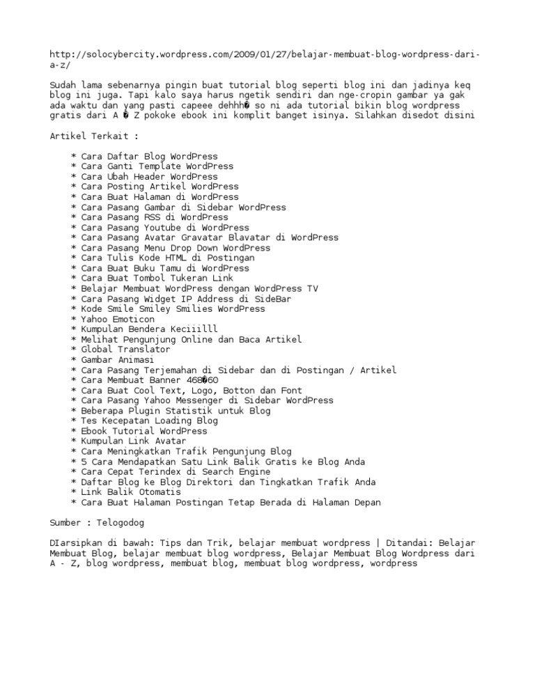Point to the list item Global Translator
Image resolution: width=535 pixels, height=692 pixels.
[125, 349]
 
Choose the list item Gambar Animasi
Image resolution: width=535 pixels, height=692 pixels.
[118, 360]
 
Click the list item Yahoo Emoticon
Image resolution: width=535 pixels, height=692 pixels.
[118, 319]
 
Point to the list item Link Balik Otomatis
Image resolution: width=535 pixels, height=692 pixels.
[131, 492]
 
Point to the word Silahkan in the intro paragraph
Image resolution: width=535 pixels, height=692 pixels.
[378, 116]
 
